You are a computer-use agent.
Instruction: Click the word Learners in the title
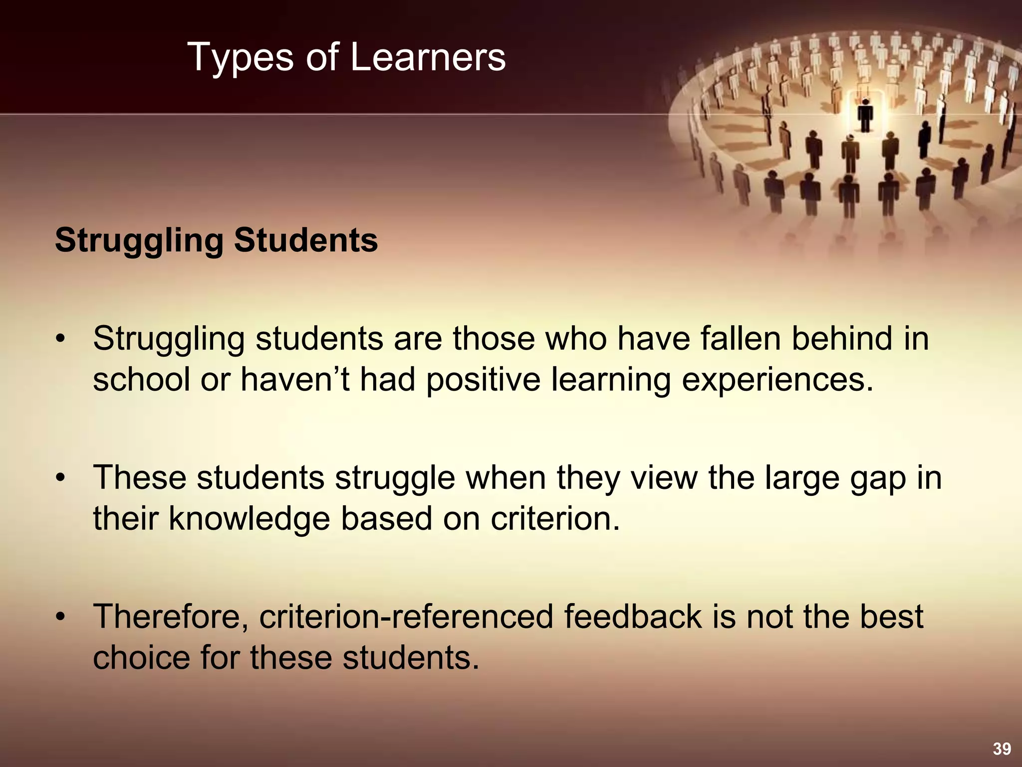(x=428, y=57)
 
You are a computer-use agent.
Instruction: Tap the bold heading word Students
(x=306, y=240)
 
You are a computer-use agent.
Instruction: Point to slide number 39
(x=1002, y=749)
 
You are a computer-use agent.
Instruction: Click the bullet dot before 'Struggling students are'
(x=60, y=340)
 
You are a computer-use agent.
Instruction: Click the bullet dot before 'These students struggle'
(x=60, y=478)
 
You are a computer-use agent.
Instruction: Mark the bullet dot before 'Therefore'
(x=60, y=617)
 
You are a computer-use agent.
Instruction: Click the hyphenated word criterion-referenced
(x=406, y=617)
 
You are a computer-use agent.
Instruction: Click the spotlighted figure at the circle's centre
(x=865, y=116)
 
